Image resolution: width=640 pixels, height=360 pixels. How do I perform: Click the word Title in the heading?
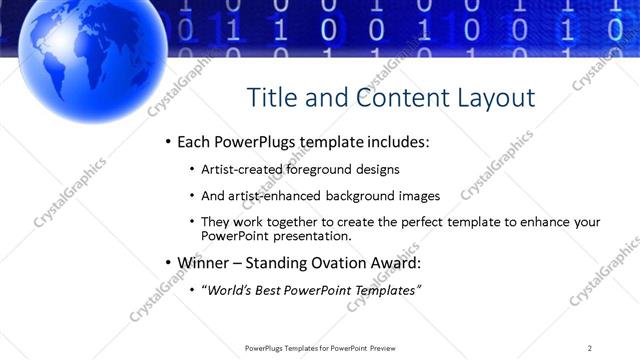pos(271,97)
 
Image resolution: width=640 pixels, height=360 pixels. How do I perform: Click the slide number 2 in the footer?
pos(590,348)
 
